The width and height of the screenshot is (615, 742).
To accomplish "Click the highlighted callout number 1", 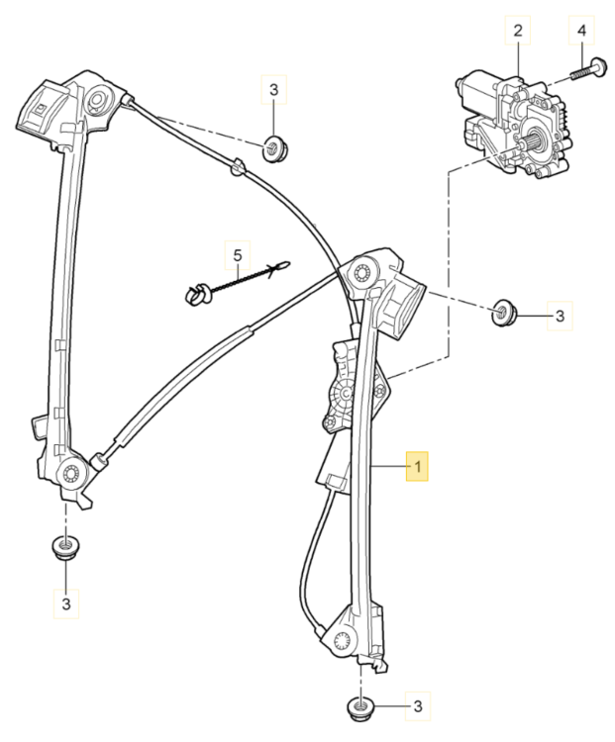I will tap(417, 464).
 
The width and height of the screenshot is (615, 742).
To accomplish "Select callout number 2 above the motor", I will tap(517, 32).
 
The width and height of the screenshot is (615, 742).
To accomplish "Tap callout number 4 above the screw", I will tap(581, 32).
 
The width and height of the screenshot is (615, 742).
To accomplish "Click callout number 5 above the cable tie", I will tap(238, 257).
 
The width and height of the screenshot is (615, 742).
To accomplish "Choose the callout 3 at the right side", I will tap(559, 317).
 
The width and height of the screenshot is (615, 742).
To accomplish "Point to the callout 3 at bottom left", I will tap(66, 602).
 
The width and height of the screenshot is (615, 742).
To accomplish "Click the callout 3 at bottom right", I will tap(417, 706).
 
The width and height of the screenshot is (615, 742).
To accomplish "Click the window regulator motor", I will tap(510, 119).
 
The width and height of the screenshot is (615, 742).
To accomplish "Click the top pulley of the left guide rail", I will tap(98, 100).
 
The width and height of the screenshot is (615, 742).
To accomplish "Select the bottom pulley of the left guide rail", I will tap(72, 474).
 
